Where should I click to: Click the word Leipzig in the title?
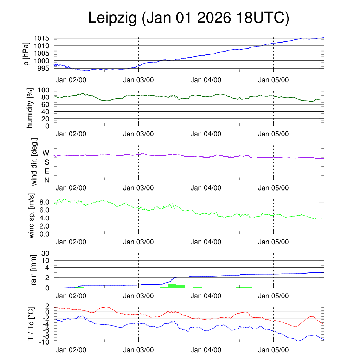(112, 18)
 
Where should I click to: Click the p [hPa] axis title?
(26, 54)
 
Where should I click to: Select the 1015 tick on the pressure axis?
(43, 38)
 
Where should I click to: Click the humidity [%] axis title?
(30, 108)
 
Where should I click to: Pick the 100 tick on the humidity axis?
(45, 90)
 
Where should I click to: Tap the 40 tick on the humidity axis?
(47, 112)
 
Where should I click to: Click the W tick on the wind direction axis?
(46, 153)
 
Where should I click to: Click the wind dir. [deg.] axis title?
(34, 162)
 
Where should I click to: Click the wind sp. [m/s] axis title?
(32, 216)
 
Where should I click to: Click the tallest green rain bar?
(172, 285)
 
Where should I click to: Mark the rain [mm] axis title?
(34, 270)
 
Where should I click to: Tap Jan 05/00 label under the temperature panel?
(273, 350)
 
